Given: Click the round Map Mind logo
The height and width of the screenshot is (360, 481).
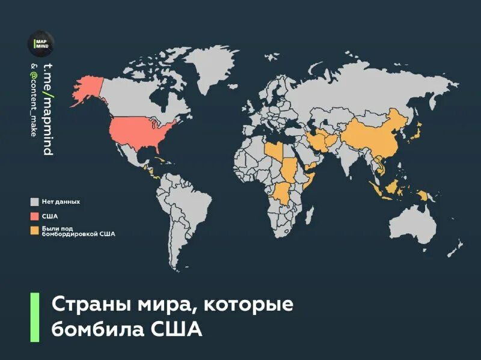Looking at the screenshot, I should (x=40, y=44).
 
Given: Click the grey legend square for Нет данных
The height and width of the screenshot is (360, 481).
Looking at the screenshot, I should (x=35, y=202).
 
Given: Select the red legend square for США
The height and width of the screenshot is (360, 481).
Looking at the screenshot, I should (x=35, y=216).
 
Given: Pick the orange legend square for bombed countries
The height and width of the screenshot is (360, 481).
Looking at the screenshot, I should (x=35, y=230).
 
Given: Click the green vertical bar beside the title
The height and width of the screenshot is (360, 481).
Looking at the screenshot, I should (x=34, y=317).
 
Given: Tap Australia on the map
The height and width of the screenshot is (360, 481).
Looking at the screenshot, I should (x=412, y=225).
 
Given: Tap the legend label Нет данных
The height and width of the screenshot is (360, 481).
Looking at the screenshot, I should (x=61, y=202).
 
